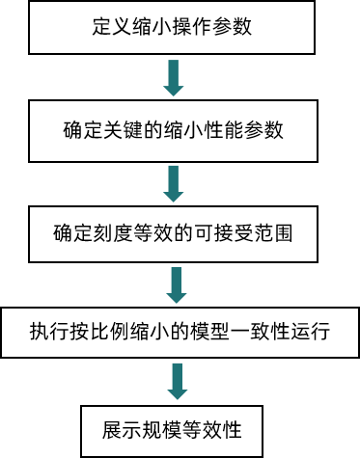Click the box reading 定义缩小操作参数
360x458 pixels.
180,27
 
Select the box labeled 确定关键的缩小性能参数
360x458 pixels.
180,130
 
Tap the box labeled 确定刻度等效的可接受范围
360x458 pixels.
180,233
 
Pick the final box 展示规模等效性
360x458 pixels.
180,427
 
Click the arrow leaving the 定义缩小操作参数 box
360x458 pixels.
174,78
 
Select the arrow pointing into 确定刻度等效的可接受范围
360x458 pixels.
174,181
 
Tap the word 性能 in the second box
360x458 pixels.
227,130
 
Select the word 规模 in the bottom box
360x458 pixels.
159,427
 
